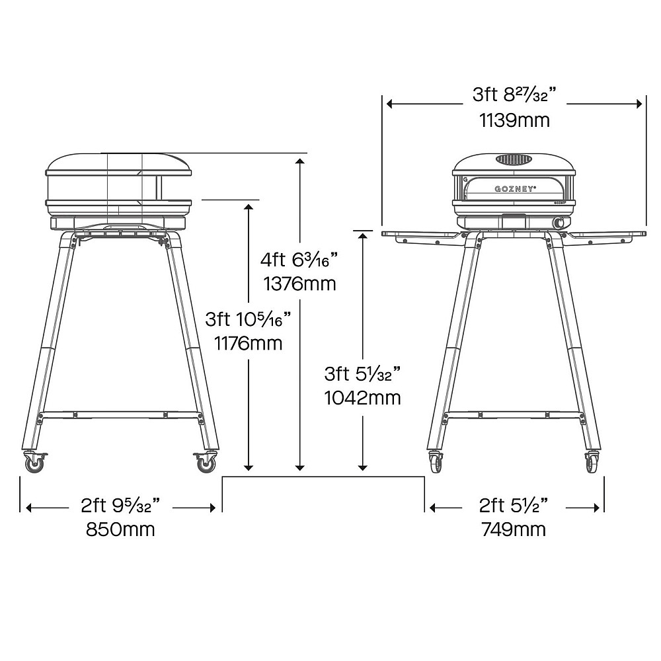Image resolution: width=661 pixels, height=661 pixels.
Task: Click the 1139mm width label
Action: click(x=515, y=120)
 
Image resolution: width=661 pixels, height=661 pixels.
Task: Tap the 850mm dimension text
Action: click(x=120, y=529)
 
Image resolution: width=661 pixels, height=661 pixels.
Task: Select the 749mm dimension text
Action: click(x=514, y=529)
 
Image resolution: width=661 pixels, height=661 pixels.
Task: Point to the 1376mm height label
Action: click(x=299, y=284)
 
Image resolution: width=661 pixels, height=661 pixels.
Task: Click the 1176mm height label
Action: click(x=249, y=343)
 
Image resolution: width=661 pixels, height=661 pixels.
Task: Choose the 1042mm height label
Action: click(x=362, y=397)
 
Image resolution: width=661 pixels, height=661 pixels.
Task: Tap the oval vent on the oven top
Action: click(x=514, y=159)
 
